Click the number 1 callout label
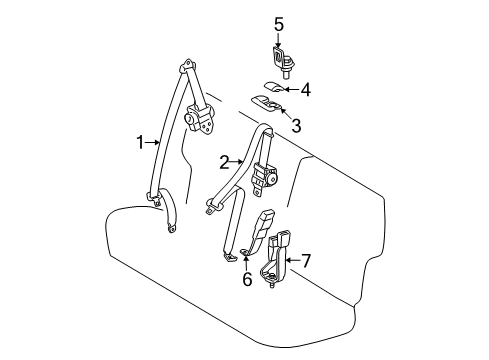pos(141,142)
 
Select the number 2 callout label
pos(225,160)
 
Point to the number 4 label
pos(305,91)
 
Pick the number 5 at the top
pos(279,23)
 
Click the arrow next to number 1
pos(153,142)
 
